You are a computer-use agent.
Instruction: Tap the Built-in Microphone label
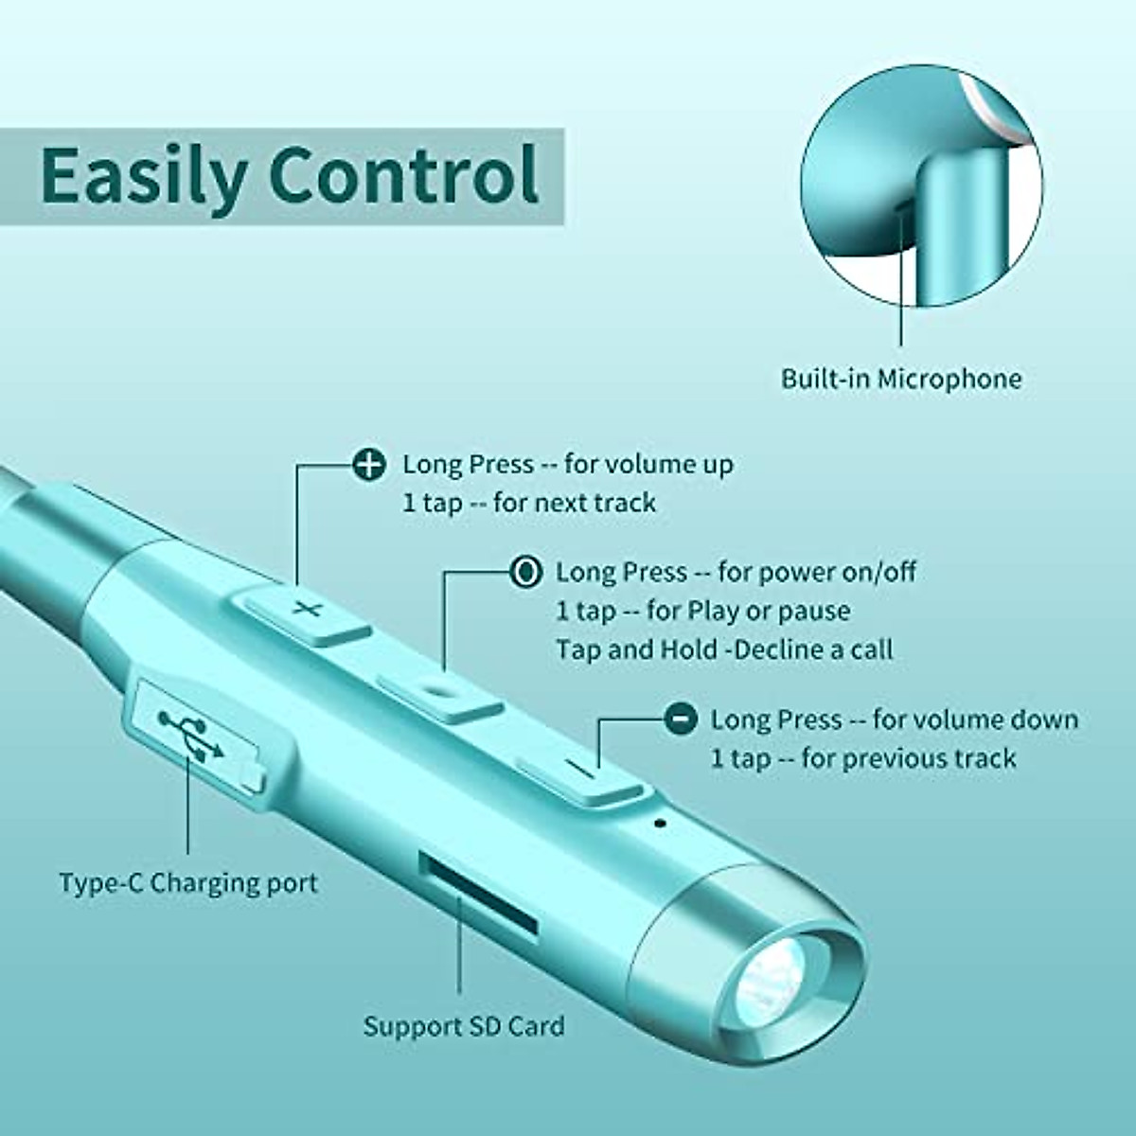[x=901, y=379]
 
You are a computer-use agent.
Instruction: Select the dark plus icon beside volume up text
[x=367, y=464]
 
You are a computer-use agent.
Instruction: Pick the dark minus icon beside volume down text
[x=678, y=719]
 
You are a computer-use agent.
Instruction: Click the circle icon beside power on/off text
[x=525, y=572]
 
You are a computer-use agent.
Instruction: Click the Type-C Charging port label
[x=188, y=883]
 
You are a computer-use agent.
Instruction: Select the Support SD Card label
[x=464, y=1026]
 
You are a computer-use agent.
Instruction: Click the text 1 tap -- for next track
[x=529, y=503]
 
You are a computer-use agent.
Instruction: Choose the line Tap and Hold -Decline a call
[x=724, y=649]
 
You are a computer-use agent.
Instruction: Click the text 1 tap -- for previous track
[x=863, y=758]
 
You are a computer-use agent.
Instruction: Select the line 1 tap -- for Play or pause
[x=702, y=611]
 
